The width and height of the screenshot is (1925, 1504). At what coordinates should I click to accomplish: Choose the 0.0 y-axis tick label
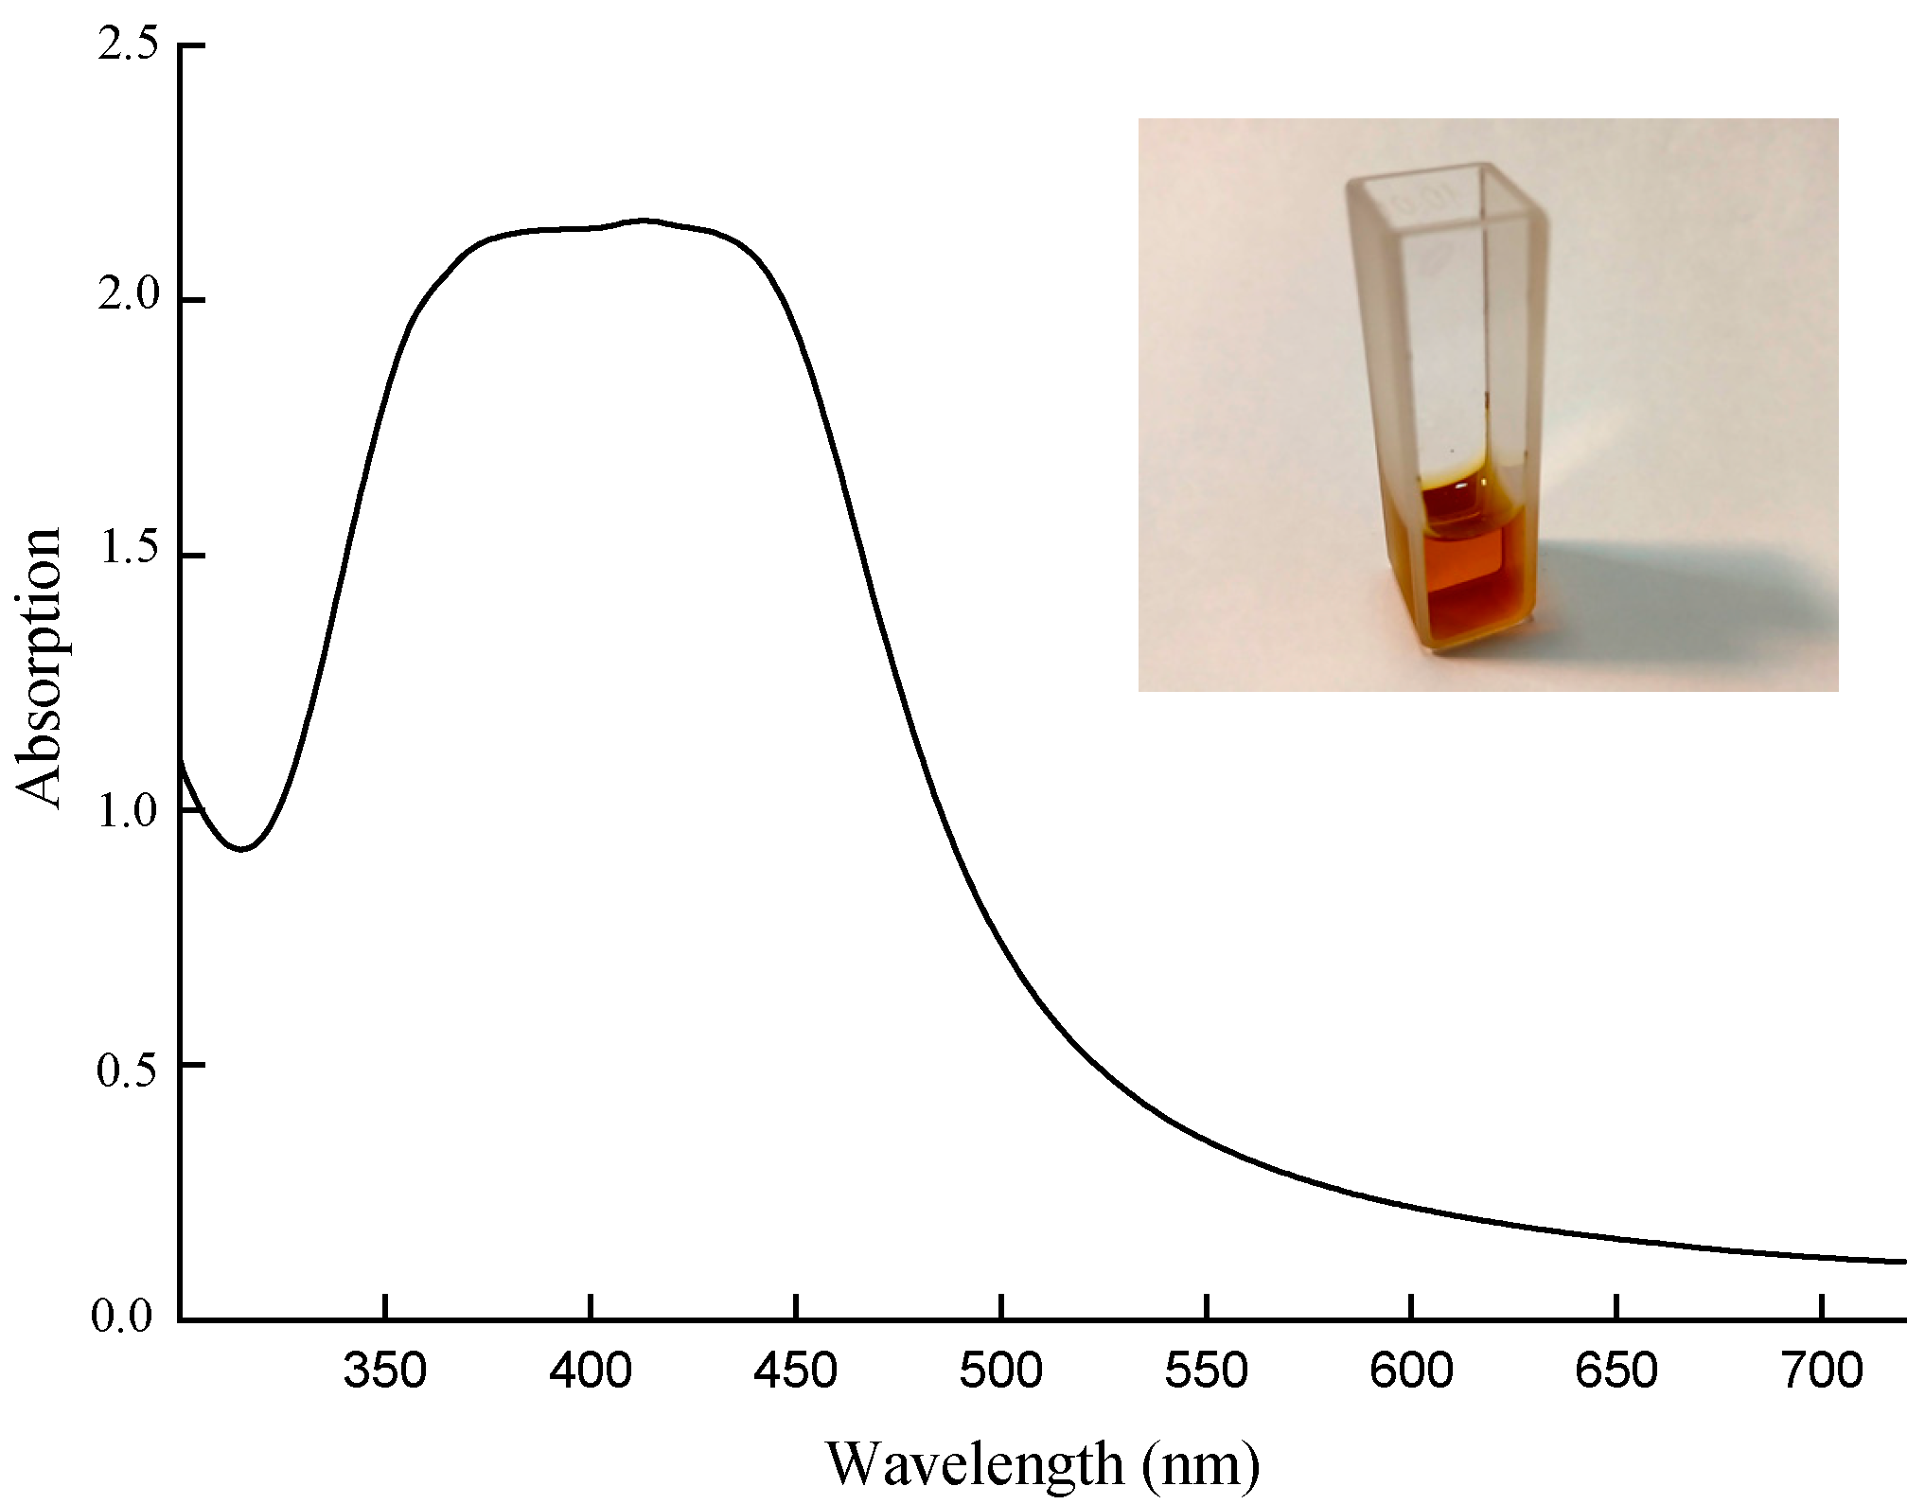[x=121, y=1318]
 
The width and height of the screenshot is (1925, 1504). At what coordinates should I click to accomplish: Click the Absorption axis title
[x=40, y=668]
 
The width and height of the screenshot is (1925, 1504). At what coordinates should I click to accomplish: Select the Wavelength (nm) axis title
[x=1043, y=1463]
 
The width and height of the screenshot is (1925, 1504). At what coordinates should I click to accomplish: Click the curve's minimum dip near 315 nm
[x=243, y=849]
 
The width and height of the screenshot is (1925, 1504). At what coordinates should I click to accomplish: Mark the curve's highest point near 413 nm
[x=644, y=221]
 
